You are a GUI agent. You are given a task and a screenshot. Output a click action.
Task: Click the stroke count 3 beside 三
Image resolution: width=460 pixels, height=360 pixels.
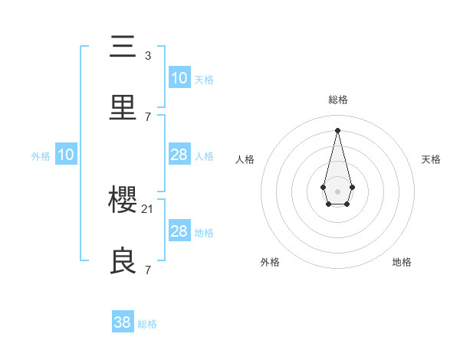(x=148, y=56)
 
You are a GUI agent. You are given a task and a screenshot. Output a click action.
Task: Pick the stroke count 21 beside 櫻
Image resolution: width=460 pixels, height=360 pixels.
(x=148, y=209)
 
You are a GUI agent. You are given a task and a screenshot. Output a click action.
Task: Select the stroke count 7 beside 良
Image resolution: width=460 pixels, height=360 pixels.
(x=148, y=270)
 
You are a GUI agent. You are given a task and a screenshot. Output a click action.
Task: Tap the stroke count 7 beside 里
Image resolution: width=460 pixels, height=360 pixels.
(x=148, y=117)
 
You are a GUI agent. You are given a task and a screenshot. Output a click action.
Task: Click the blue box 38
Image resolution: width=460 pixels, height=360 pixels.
(x=122, y=322)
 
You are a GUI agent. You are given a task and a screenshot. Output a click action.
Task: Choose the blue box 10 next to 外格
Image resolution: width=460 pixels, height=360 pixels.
(x=66, y=155)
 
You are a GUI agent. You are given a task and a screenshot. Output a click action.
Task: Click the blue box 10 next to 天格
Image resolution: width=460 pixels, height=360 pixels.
(x=179, y=78)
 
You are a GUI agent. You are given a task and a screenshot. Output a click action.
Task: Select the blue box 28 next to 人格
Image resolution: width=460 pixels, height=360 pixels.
(x=179, y=155)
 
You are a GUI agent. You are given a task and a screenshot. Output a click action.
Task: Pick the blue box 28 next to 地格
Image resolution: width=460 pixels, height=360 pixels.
(x=179, y=231)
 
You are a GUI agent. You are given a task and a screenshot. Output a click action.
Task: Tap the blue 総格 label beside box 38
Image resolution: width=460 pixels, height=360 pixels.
(x=147, y=324)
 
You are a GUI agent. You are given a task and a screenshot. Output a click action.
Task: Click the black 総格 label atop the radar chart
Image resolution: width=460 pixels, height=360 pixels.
(x=338, y=100)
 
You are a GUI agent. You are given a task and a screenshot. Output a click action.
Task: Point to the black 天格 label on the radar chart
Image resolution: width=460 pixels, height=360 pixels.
(x=431, y=159)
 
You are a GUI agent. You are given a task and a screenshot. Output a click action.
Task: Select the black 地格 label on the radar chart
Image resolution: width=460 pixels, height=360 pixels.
(x=402, y=262)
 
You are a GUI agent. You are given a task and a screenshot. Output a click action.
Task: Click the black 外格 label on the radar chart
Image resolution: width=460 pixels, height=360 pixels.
(x=270, y=262)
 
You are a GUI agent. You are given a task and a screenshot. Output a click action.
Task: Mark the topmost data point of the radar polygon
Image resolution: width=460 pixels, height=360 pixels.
(x=337, y=129)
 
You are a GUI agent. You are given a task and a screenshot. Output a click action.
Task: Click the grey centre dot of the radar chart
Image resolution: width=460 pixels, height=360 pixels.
(x=337, y=190)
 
